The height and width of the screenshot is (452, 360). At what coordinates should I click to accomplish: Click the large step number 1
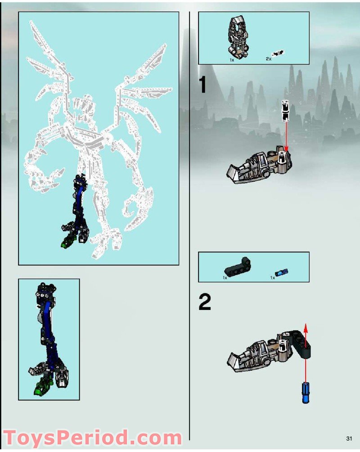point(203,85)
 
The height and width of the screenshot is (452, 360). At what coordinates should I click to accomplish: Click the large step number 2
point(205,303)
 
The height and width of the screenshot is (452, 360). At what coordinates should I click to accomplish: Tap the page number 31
point(349,438)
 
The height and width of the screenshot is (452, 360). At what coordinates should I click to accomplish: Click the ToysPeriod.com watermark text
point(92,438)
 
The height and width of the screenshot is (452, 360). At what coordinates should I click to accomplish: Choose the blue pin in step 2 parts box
point(282,273)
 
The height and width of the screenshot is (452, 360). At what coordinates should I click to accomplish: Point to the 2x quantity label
point(269,59)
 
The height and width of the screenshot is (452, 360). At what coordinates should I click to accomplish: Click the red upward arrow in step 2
point(306,342)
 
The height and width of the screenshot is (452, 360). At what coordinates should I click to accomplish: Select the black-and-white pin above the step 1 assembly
point(284,111)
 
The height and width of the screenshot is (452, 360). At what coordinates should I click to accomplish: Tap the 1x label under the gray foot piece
point(232,59)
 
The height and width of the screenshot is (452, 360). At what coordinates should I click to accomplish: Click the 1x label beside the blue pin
point(273,278)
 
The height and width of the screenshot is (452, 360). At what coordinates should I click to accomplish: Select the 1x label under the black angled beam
point(225,278)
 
